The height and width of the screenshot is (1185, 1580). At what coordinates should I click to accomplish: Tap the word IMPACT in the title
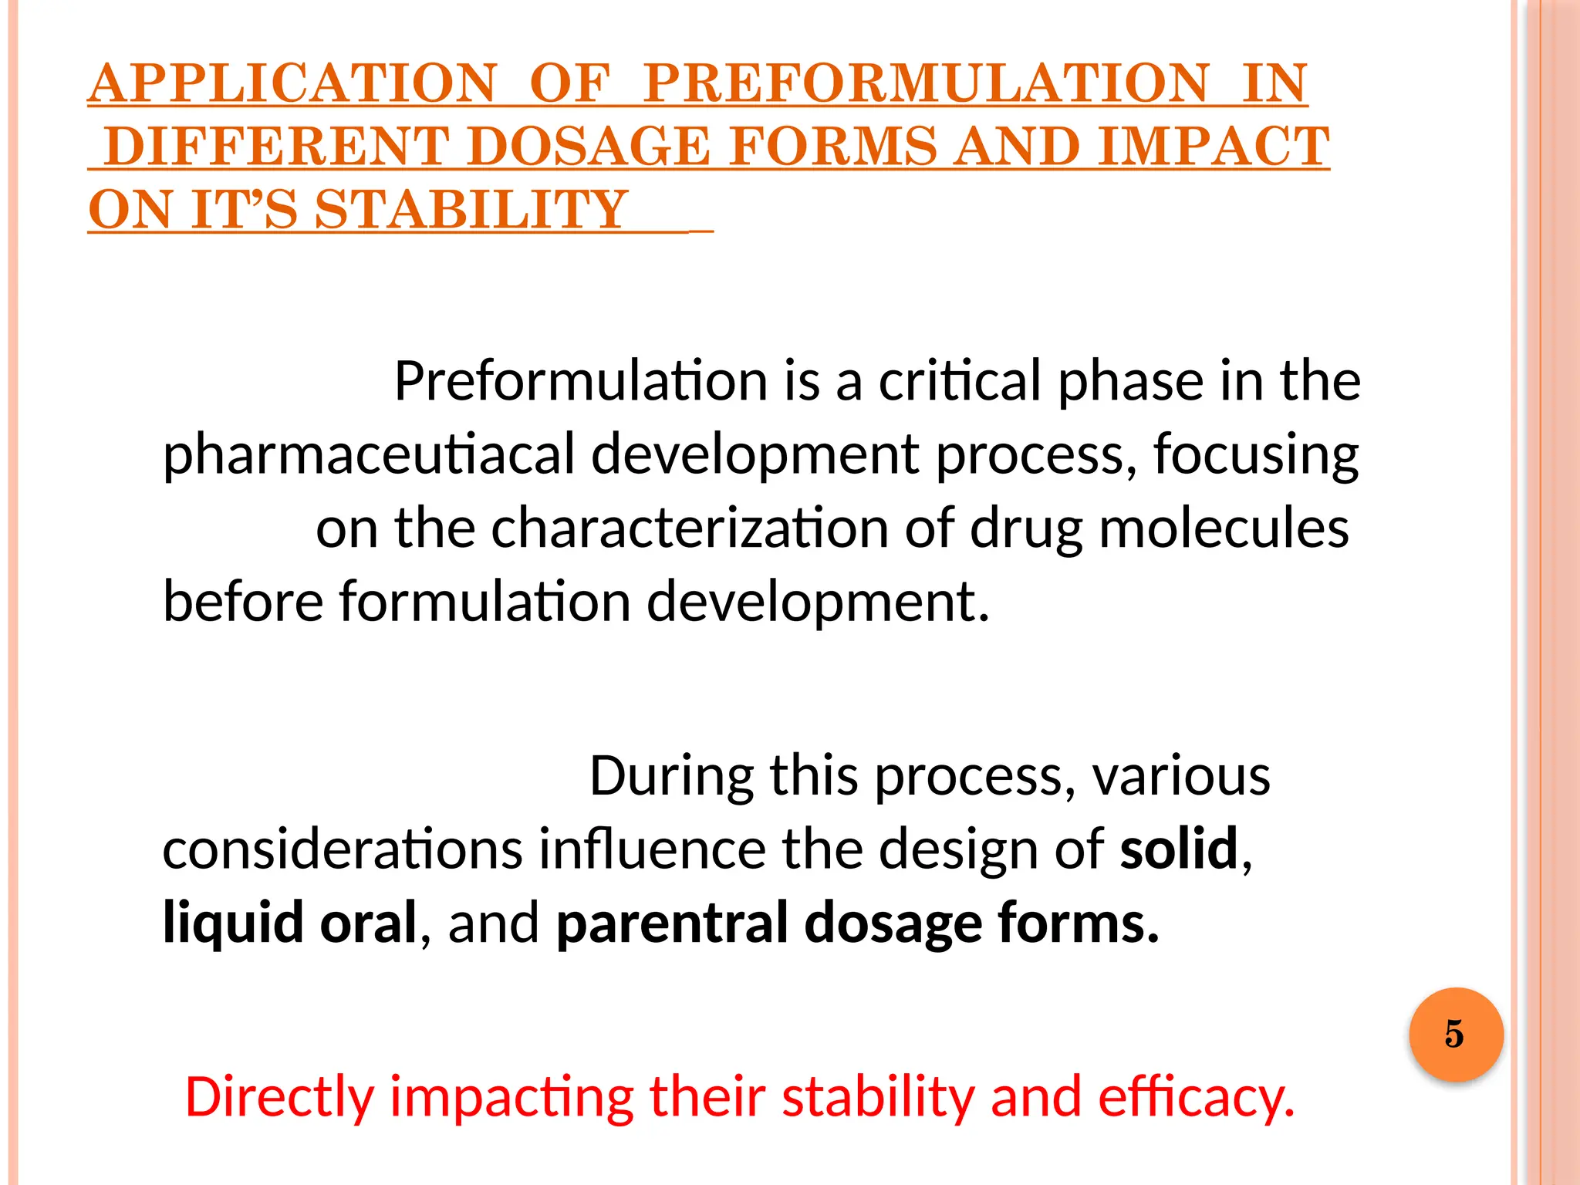click(1214, 147)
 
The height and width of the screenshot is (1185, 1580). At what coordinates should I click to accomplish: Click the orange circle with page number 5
click(1455, 1034)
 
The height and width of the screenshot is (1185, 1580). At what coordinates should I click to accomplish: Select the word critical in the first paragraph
click(960, 381)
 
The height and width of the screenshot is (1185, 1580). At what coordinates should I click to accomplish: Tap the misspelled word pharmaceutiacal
click(369, 454)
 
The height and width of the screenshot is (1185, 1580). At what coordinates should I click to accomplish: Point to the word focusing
click(1255, 454)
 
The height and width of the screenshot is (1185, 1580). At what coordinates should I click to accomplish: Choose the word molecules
click(1224, 528)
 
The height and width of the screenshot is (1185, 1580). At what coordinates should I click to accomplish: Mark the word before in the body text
click(243, 602)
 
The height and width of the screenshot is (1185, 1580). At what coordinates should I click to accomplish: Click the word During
click(671, 776)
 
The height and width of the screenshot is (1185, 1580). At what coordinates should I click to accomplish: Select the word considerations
click(343, 849)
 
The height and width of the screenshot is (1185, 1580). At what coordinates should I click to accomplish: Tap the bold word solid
click(1179, 849)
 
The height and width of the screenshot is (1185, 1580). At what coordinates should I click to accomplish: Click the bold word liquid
click(233, 923)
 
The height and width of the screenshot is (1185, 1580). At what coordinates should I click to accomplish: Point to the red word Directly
click(279, 1097)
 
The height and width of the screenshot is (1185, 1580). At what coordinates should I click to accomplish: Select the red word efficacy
click(1195, 1097)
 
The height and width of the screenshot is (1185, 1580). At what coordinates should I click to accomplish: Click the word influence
click(652, 849)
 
